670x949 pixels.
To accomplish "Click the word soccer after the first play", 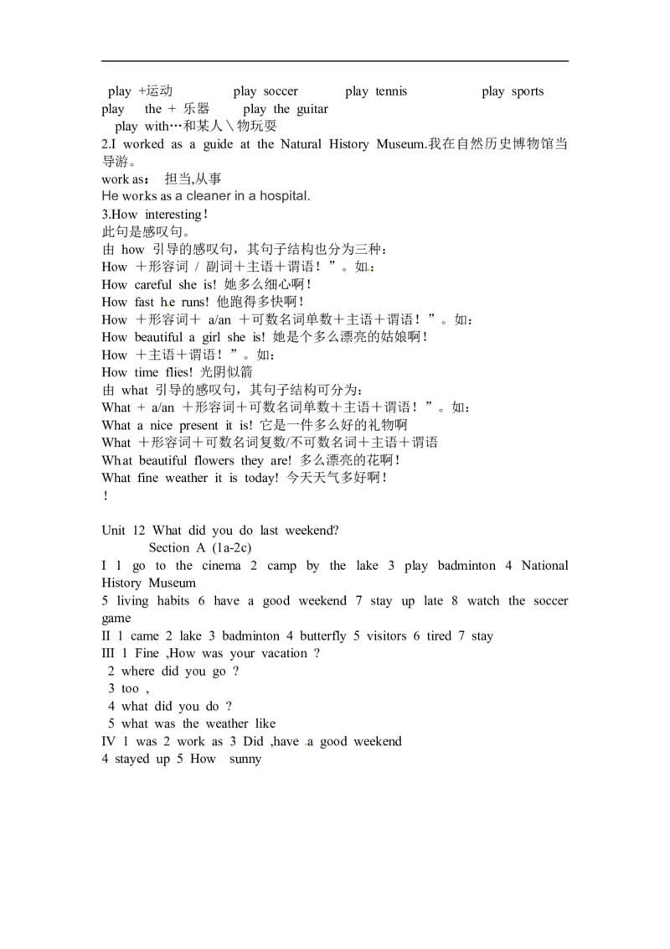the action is point(281,91).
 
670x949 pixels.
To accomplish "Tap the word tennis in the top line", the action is point(391,91).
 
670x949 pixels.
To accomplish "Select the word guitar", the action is point(312,110).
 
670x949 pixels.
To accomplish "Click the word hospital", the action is point(285,196).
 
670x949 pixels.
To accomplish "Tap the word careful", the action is point(153,285).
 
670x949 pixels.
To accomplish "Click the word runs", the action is point(194,302).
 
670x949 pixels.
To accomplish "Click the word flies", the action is point(179,373).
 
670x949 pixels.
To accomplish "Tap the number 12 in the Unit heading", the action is point(139,531).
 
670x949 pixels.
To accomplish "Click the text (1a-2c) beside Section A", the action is point(232,548).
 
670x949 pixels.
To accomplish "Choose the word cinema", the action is point(222,566).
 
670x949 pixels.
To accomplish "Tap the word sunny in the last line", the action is point(245,760).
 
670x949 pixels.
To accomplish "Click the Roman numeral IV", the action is point(109,742).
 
